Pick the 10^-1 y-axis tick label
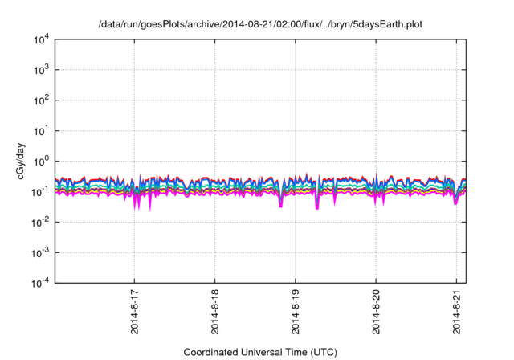(39, 191)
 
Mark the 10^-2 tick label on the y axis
(39, 222)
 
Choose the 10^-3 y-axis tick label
(39, 252)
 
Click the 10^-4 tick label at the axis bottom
(39, 282)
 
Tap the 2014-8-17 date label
(134, 313)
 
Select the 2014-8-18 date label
(215, 313)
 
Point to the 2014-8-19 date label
(296, 313)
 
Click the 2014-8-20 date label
(377, 313)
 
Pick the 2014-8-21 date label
(457, 313)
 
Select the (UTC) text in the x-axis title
(312, 352)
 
